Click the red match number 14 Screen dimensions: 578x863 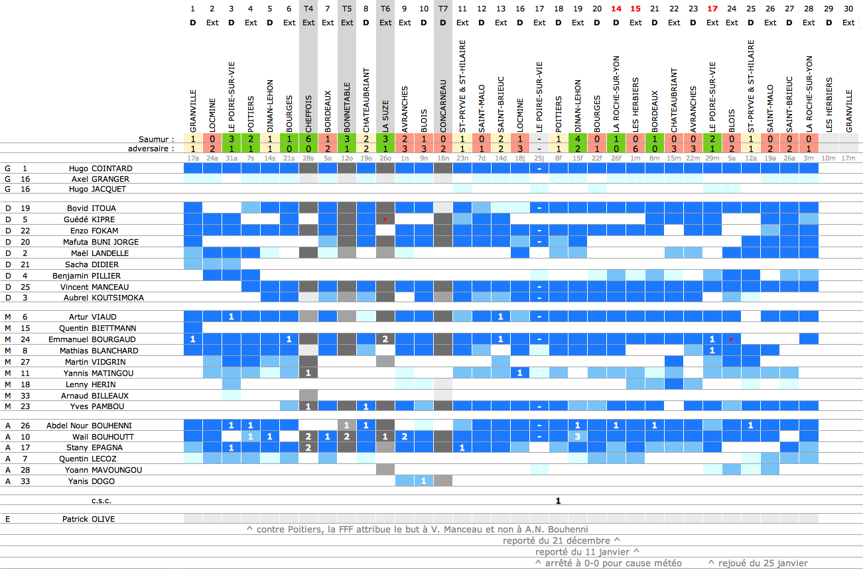[x=616, y=9]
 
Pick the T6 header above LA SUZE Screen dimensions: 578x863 [x=385, y=9]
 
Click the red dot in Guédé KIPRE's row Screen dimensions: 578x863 [x=385, y=219]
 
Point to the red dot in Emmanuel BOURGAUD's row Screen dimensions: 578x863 [x=731, y=339]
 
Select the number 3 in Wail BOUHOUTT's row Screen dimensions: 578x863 [x=578, y=437]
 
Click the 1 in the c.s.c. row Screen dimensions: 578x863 [x=559, y=500]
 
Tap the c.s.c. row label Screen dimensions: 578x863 [x=101, y=500]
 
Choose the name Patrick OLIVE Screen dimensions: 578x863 [x=88, y=519]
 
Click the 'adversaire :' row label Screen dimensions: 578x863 [x=151, y=148]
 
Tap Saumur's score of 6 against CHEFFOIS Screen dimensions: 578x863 [x=308, y=139]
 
